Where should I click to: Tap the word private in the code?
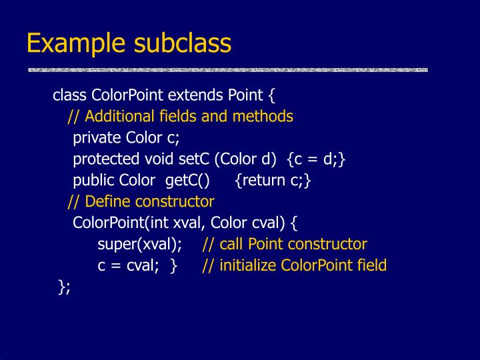(x=97, y=138)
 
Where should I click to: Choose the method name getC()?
(x=188, y=181)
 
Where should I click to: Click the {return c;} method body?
(x=273, y=181)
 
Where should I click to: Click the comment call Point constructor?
(x=293, y=244)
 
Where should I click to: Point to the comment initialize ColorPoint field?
(x=303, y=265)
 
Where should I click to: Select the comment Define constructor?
(x=150, y=201)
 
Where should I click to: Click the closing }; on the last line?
(x=64, y=287)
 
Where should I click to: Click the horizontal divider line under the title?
(x=227, y=69)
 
